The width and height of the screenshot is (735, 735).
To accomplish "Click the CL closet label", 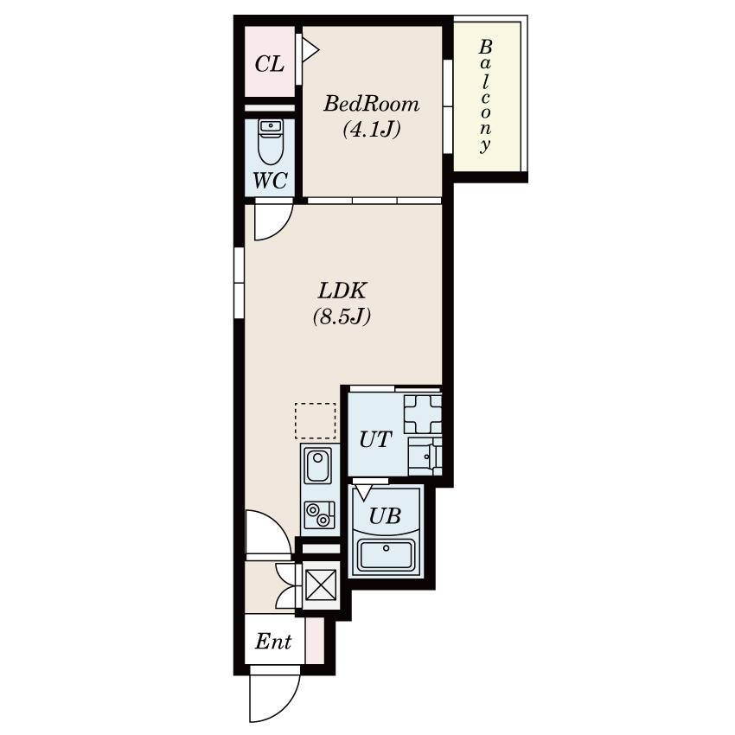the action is pos(270,64).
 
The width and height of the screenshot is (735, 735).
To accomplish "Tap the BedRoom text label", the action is pos(371,104).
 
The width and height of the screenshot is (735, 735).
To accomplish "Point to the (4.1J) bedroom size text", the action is pos(371,129).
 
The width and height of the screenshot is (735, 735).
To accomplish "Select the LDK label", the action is pos(342,291).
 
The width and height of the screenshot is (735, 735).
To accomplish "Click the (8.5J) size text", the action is pos(342,316).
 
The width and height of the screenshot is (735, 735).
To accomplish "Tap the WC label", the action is pos(270,180).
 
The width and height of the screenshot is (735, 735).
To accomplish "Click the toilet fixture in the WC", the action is pos(270,142).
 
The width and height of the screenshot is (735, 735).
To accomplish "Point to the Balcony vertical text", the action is pos(486,96).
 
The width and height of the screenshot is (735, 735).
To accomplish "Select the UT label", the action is pos(375,439).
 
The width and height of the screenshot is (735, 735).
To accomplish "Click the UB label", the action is pos(385,516).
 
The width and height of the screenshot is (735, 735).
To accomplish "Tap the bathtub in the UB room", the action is pos(386,555).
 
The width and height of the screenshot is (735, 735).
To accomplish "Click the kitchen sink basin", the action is pos(317,464).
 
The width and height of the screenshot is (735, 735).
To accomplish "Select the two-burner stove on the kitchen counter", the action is pos(319,514).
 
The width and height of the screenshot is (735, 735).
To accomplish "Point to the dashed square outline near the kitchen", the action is pos(316,420).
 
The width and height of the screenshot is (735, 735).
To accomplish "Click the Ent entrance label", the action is pos(273,642).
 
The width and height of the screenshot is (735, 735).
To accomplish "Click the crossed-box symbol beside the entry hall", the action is pos(321,585).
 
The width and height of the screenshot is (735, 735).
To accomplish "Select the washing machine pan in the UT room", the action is pos(423,414).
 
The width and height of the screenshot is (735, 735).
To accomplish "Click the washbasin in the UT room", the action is pos(425,456).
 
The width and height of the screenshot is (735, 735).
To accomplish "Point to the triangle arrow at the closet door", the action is pos(310,48).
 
